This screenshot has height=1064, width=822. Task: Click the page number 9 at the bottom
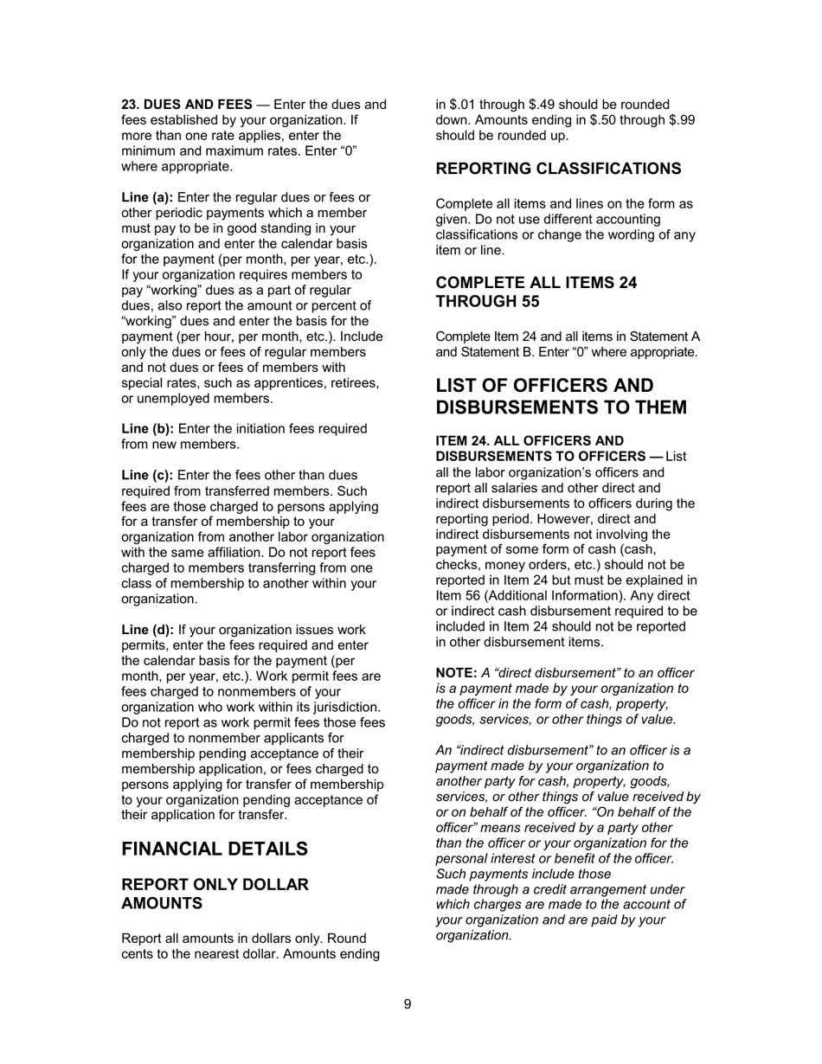pos(408,1004)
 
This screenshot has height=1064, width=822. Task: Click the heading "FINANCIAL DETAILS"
pos(214,849)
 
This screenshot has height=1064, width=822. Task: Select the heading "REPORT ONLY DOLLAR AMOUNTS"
pos(215,894)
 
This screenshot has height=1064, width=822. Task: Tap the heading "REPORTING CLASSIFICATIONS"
pos(558,168)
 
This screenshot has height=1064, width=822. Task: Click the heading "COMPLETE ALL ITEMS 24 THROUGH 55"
pos(536,292)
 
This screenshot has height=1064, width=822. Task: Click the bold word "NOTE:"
pos(456,673)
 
